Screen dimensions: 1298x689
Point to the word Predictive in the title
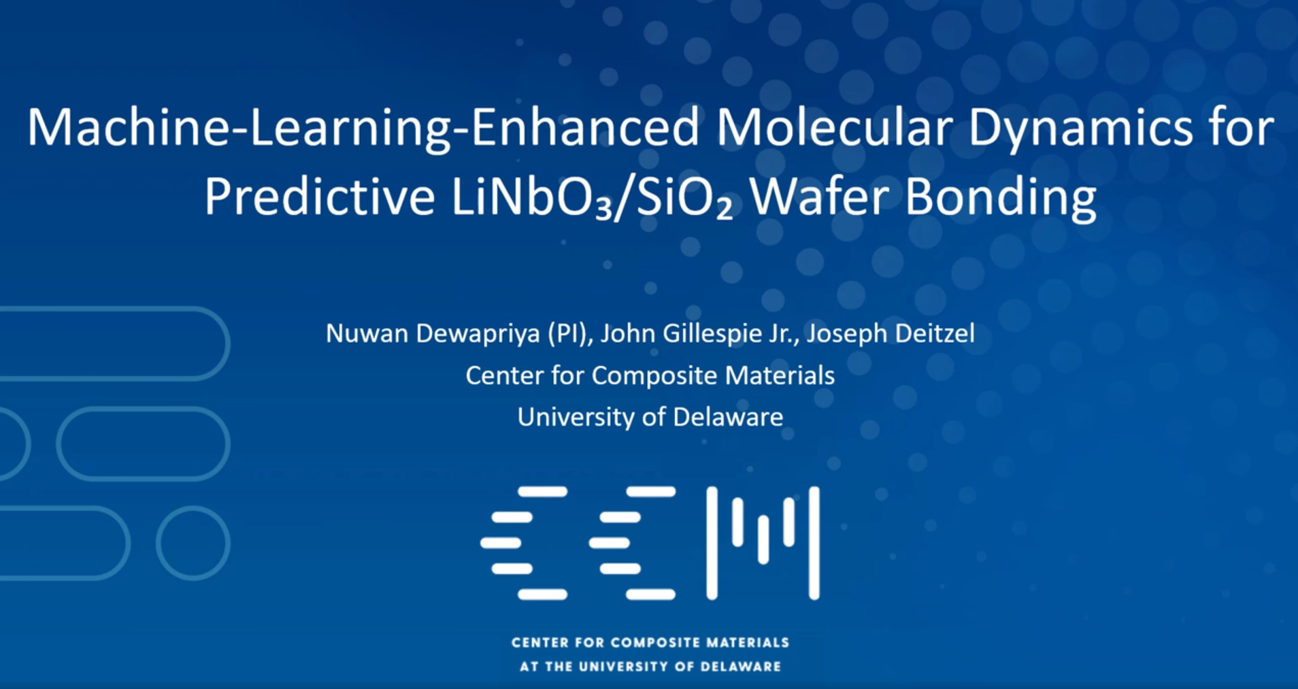320,197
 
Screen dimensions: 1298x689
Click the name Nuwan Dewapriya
433,334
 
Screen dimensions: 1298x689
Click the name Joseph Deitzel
891,334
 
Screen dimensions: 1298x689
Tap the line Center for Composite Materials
650,375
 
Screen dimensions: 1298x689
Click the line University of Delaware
650,417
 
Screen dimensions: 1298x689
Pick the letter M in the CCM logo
763,543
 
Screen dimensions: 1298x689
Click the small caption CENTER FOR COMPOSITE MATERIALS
650,643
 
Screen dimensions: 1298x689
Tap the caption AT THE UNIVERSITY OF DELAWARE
650,667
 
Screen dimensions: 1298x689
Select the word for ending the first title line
1242,127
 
